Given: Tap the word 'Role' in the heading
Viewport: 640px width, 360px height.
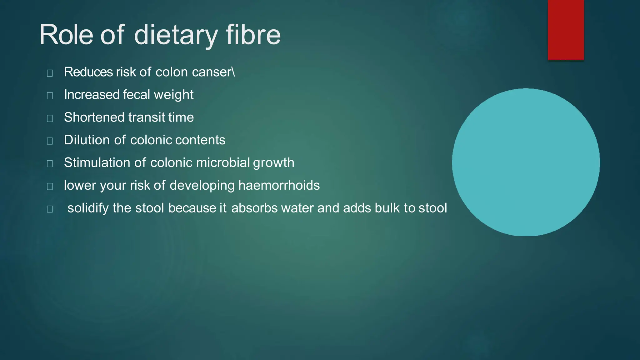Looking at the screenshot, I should click(x=66, y=35).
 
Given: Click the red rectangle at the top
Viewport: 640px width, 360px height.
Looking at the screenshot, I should click(x=566, y=30).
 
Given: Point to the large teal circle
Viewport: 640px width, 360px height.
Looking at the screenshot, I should click(x=526, y=162).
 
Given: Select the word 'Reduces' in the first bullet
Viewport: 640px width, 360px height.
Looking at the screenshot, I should click(x=88, y=72).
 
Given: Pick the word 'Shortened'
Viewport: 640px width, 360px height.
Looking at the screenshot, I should click(x=94, y=117).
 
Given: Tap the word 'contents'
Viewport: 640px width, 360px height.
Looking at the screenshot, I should click(x=200, y=140).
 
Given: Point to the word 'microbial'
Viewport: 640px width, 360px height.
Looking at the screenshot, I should click(x=223, y=162).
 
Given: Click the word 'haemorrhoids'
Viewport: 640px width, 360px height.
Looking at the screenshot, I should click(x=279, y=185).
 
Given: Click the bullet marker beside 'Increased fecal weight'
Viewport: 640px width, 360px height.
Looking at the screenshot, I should click(x=50, y=95).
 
